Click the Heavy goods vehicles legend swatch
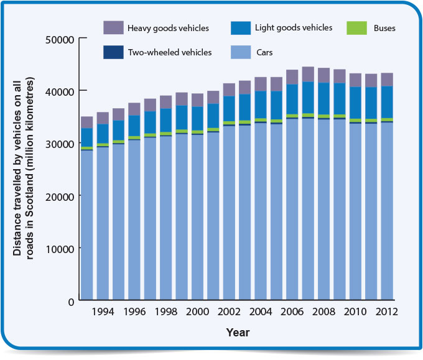point(114,28)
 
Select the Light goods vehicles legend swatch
point(241,28)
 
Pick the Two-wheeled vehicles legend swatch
point(114,52)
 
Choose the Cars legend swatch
point(241,52)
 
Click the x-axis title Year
point(238,333)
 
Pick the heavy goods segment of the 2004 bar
point(260,84)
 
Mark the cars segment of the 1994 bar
point(103,224)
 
